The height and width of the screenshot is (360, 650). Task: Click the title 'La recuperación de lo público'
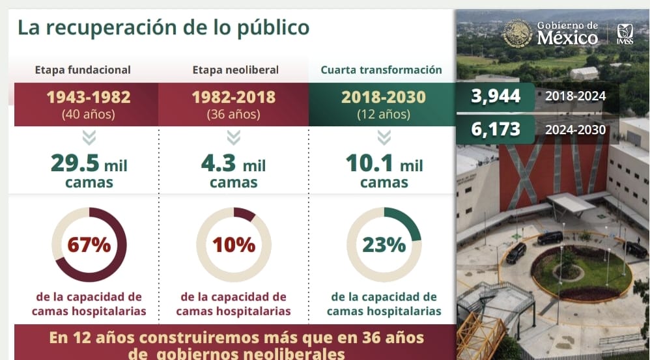pos(163,28)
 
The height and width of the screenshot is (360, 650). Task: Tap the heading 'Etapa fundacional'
pos(83,70)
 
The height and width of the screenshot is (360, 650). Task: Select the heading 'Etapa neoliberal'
pos(235,70)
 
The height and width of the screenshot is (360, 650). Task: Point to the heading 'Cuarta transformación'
pos(381,70)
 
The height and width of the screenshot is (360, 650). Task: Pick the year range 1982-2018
pos(233,98)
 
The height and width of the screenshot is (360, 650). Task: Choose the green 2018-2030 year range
pos(383,98)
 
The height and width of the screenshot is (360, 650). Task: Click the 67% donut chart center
pos(89,245)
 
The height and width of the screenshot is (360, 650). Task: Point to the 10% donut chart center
pos(234,245)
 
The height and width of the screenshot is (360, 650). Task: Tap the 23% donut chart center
pos(384,245)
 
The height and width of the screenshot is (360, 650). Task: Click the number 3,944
pos(497,96)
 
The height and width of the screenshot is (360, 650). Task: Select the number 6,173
pos(497,129)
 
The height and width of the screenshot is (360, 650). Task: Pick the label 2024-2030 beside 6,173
pos(576,130)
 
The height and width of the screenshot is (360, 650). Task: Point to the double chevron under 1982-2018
pos(234,137)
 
